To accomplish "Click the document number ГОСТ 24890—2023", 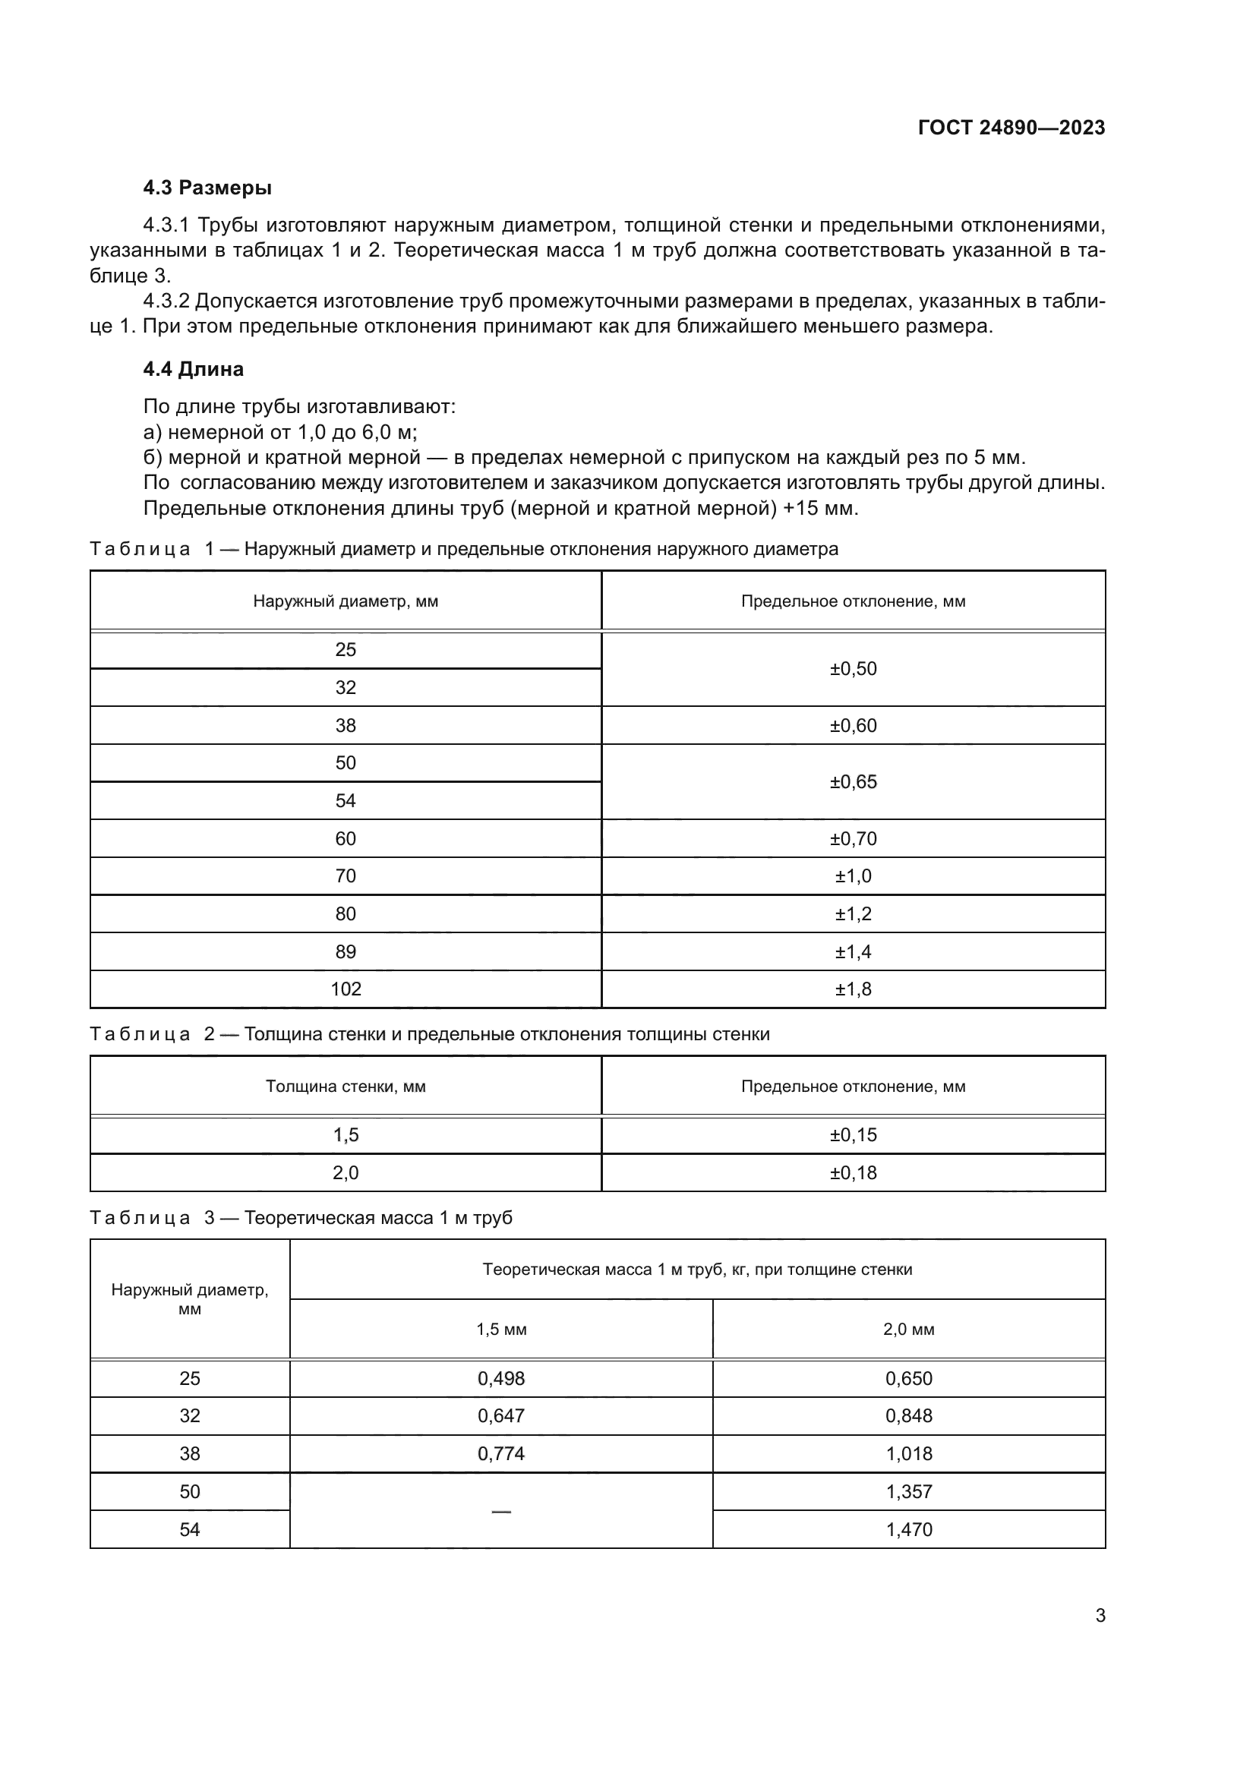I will (x=1011, y=128).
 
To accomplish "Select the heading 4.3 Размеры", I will (x=207, y=188).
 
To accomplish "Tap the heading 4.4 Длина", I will (x=194, y=369).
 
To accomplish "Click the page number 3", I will (x=1100, y=1616).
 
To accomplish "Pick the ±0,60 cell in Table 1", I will (x=853, y=726).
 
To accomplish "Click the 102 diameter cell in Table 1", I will (x=346, y=989).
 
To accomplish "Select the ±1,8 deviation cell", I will (x=853, y=989).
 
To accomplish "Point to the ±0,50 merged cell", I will (x=853, y=669).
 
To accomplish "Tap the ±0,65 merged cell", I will (x=853, y=782).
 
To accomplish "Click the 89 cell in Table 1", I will (x=346, y=951).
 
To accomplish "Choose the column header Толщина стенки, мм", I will (x=346, y=1087).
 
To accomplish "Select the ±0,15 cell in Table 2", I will (x=853, y=1135).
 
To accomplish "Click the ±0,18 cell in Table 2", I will (x=853, y=1173).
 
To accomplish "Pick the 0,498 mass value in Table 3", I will (x=501, y=1378).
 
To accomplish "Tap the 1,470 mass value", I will (x=909, y=1530).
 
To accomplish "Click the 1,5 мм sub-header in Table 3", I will (x=501, y=1330).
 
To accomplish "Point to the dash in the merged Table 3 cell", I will (x=501, y=1512).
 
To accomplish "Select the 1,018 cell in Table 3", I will (x=909, y=1454).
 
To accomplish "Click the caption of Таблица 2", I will (x=429, y=1035).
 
